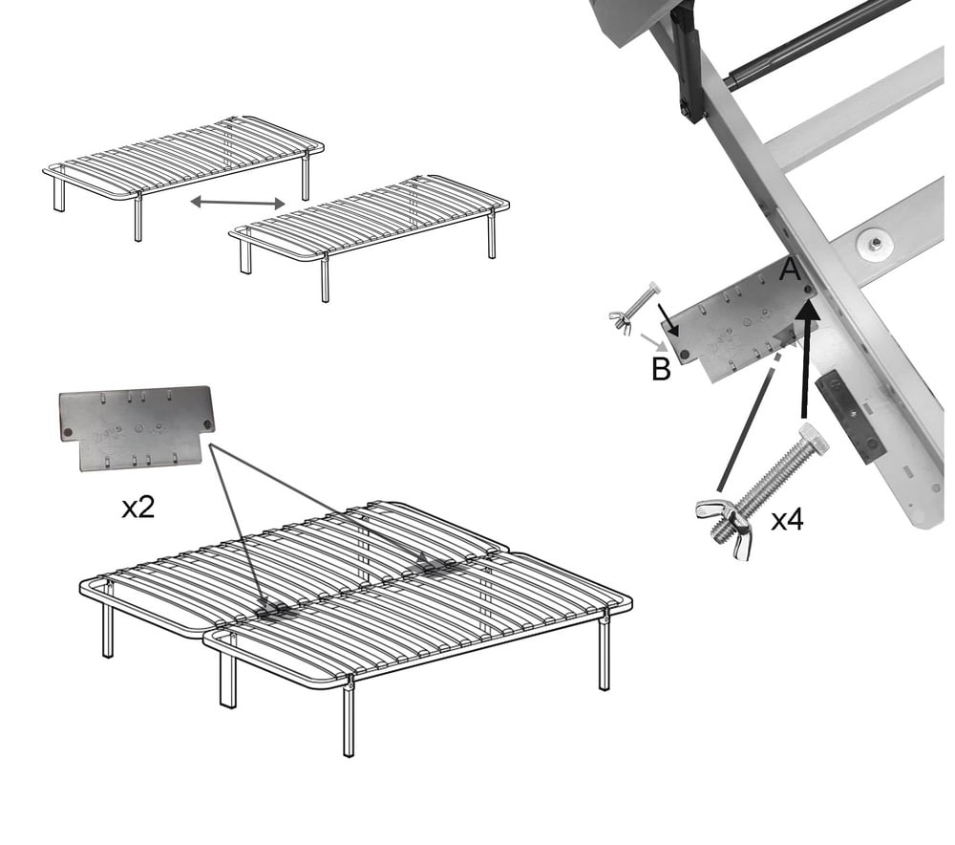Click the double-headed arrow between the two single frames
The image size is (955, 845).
click(238, 202)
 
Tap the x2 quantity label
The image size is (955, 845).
click(138, 508)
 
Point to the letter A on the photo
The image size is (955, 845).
click(789, 271)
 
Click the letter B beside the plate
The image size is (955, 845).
click(661, 369)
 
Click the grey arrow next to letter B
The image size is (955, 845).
click(651, 339)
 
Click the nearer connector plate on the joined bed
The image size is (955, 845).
click(274, 611)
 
